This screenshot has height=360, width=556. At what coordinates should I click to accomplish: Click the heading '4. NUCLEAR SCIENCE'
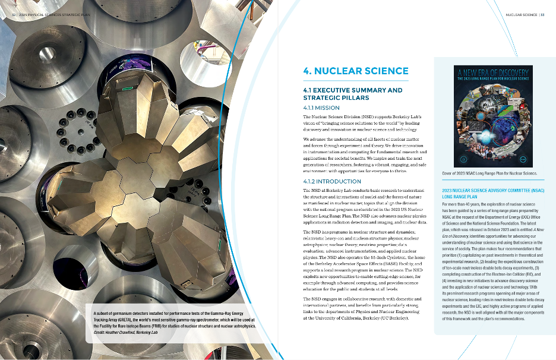click(347, 71)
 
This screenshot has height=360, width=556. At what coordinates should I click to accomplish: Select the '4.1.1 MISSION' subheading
click(321, 108)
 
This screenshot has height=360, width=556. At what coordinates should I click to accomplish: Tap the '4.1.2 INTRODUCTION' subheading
click(332, 181)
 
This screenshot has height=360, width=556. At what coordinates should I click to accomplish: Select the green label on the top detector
click(127, 89)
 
